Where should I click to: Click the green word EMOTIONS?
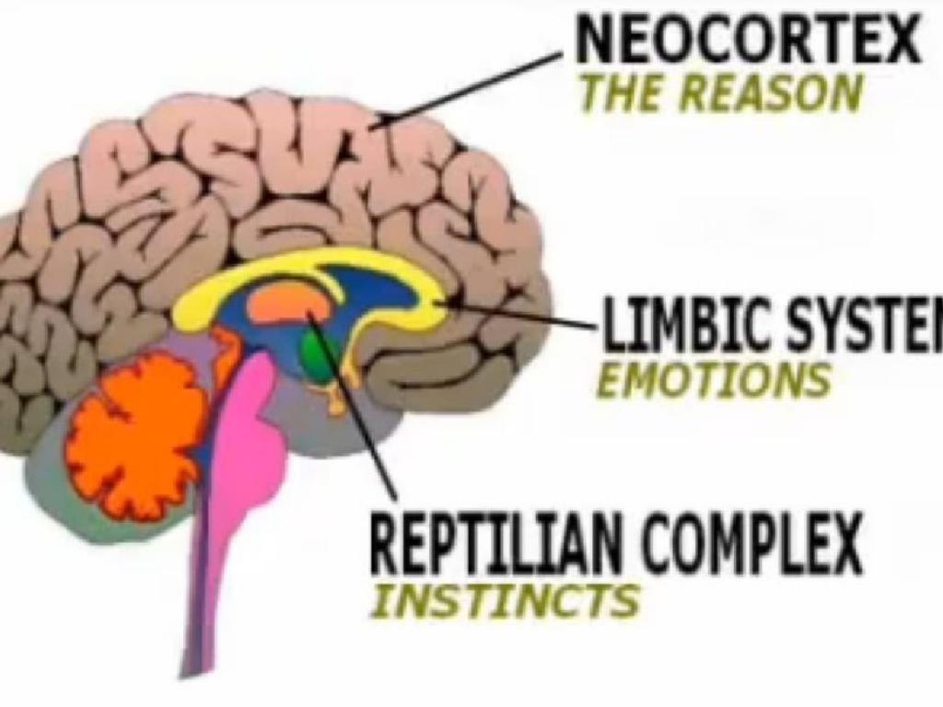[x=713, y=378]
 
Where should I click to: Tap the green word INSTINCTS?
[x=504, y=600]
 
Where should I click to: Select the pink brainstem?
[x=241, y=460]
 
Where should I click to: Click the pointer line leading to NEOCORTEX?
[x=470, y=87]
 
